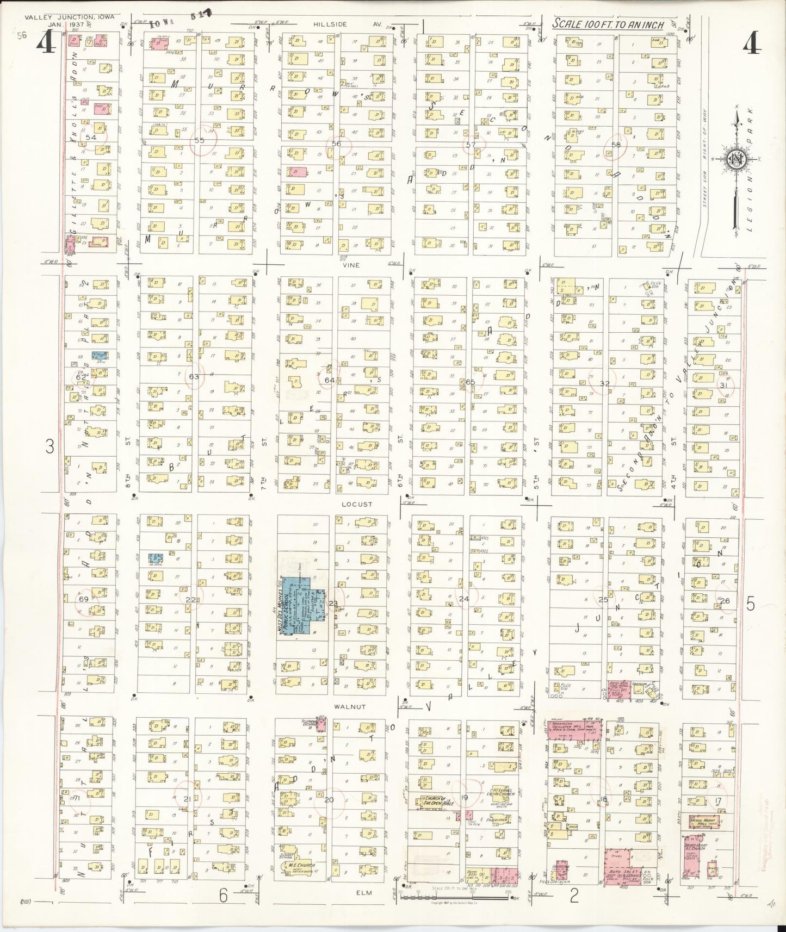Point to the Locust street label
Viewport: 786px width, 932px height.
(356, 504)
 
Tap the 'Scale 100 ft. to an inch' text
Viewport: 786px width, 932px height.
(608, 24)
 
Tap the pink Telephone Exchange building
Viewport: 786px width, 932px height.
(321, 724)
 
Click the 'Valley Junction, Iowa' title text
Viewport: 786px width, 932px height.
(69, 17)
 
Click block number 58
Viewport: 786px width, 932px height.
(616, 145)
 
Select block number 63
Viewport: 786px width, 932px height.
(194, 376)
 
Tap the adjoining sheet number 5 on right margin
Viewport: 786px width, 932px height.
(751, 604)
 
